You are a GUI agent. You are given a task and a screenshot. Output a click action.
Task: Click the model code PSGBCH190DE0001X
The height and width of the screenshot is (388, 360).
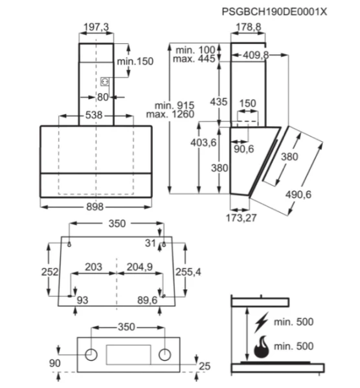pos(275,12)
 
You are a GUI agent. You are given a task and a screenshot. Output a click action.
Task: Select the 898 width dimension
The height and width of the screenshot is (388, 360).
pos(95,207)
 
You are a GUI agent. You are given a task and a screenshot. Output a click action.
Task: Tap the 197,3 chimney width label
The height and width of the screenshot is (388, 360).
pos(96,27)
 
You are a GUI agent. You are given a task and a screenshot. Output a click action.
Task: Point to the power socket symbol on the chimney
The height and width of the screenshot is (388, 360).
pos(105,81)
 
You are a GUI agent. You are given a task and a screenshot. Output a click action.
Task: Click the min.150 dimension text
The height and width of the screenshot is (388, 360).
pos(135,61)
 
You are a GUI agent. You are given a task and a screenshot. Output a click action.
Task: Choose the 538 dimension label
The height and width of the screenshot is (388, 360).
pos(94,115)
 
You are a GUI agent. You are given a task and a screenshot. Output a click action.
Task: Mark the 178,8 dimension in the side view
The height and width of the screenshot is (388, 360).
pos(248,27)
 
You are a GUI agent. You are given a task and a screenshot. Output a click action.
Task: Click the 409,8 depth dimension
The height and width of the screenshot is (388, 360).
pos(256,55)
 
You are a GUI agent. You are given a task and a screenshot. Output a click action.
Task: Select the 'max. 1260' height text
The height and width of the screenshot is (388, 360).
pos(170,114)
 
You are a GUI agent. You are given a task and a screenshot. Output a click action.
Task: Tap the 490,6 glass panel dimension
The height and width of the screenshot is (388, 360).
pos(298,195)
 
